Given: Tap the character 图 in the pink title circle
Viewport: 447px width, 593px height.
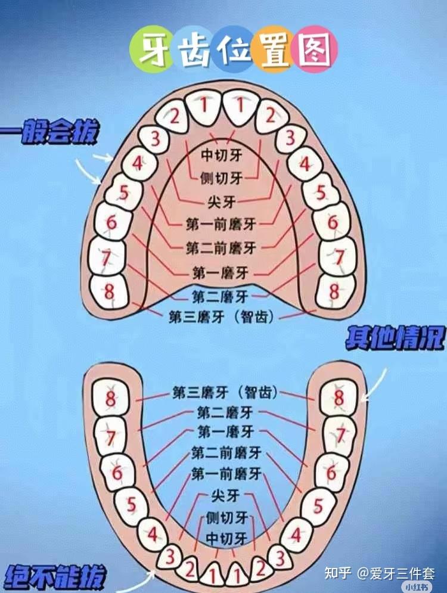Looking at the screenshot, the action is click(315, 49).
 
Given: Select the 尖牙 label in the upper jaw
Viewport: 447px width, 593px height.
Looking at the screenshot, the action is click(223, 201).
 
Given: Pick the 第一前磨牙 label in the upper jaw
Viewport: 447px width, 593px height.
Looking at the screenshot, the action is click(221, 223).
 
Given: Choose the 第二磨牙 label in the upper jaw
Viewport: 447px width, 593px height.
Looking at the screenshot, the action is click(220, 295).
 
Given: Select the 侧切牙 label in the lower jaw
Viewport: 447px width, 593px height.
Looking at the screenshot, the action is click(226, 517).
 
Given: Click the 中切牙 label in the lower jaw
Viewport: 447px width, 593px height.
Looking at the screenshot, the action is click(226, 538).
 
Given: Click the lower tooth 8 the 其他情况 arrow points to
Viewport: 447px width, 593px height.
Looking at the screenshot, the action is click(338, 398).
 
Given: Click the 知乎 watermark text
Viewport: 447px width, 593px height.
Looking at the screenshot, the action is click(337, 574).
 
